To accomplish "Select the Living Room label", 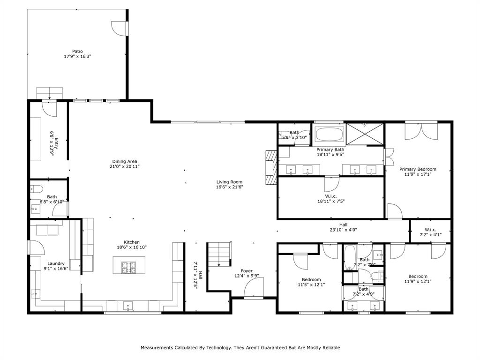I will click(x=230, y=182).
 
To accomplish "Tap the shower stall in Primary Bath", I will click(x=365, y=135).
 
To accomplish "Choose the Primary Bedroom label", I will click(x=418, y=169).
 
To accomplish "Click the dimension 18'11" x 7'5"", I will click(x=331, y=201).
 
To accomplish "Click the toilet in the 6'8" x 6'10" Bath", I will click(x=37, y=189).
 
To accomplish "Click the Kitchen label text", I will click(x=132, y=242).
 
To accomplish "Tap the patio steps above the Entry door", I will click(x=49, y=92).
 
